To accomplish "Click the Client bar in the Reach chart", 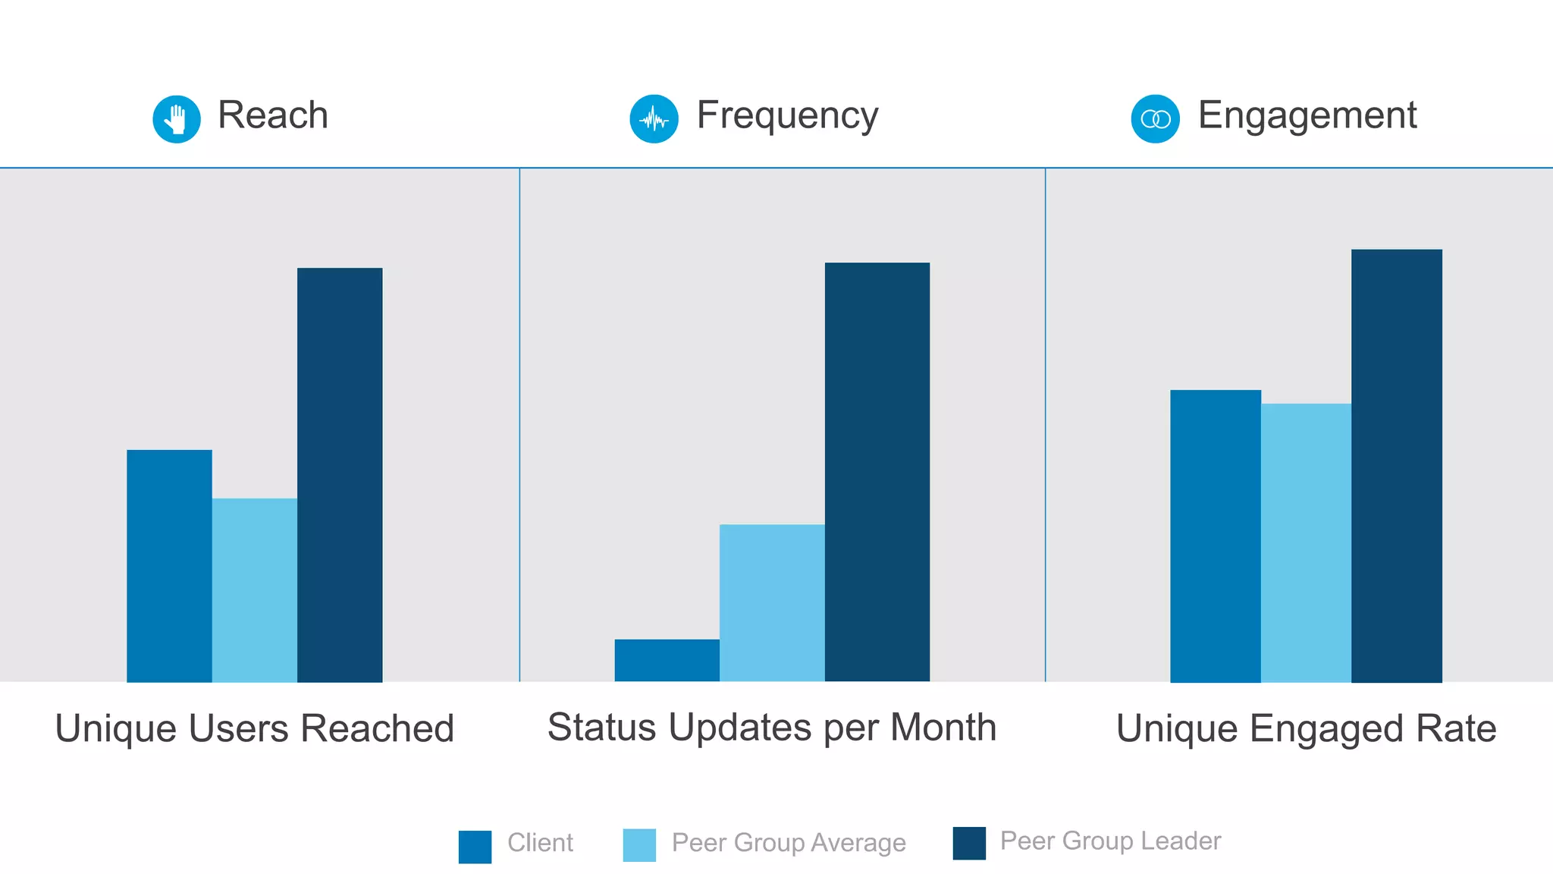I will [169, 566].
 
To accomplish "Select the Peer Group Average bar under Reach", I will [255, 590].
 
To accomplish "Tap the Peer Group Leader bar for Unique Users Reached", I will [340, 475].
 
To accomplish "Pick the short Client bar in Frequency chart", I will [667, 660].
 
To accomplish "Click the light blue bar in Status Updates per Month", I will [772, 603].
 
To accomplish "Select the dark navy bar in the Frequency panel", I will [877, 472].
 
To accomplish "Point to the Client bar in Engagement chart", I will [1216, 536].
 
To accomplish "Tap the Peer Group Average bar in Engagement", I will [1306, 543].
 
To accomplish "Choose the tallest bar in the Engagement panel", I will [1397, 466].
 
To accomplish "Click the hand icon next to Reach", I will [177, 119].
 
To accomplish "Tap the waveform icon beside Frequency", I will [654, 119].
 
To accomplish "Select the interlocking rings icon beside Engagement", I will [1156, 119].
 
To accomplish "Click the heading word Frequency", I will [787, 116].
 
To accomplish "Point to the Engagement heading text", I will [1307, 116].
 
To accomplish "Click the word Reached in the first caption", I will [377, 728].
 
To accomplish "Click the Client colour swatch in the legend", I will [475, 847].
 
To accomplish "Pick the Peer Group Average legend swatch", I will [639, 845].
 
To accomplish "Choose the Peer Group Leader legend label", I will [1110, 841].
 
